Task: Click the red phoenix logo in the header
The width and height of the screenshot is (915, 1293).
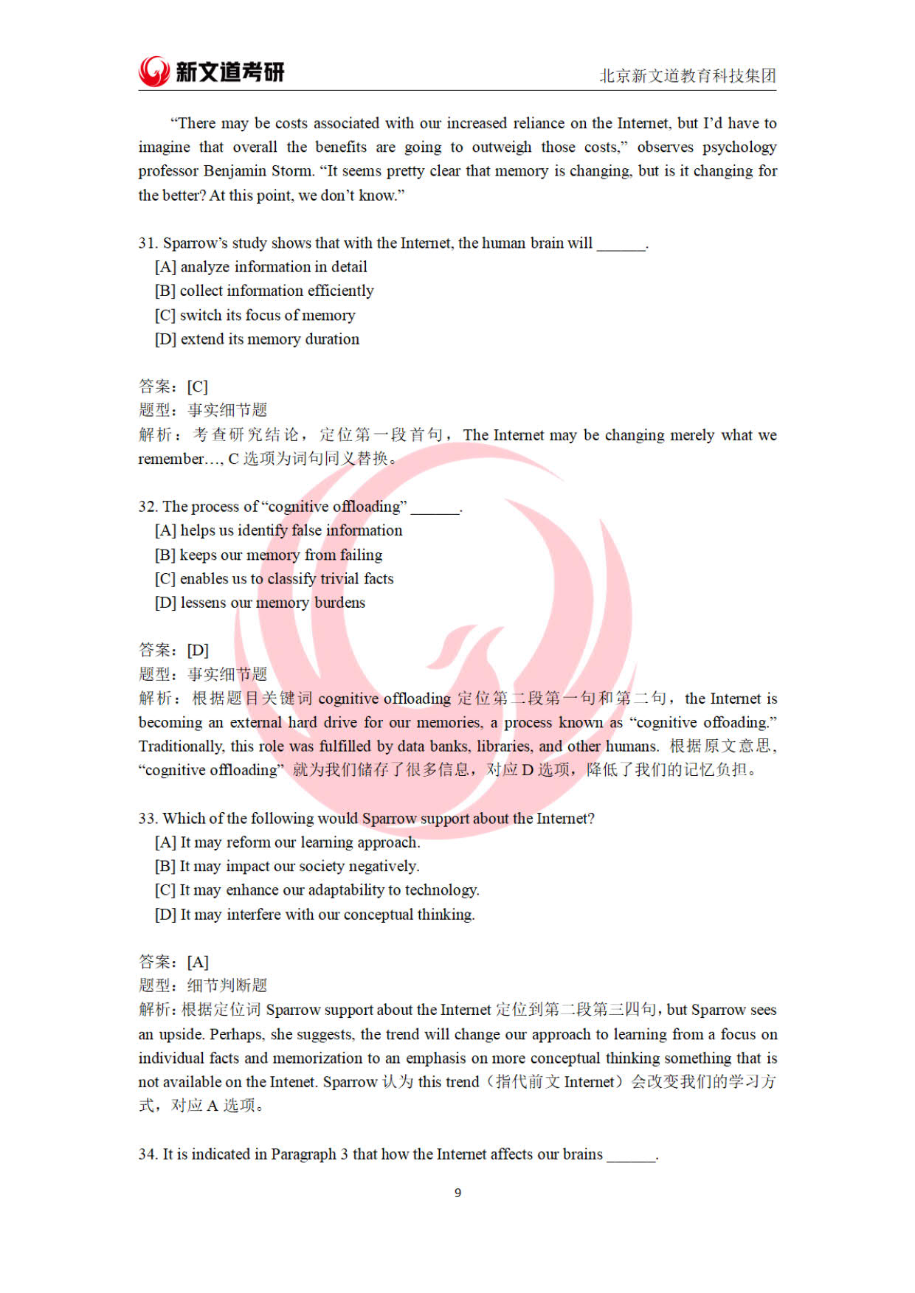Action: point(154,72)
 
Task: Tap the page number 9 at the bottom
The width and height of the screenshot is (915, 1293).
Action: point(457,1193)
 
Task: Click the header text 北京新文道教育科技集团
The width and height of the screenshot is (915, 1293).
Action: point(687,76)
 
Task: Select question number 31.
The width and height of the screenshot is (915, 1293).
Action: point(148,243)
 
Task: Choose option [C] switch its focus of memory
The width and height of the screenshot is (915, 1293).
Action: point(255,316)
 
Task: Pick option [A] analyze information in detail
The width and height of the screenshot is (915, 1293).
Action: point(260,267)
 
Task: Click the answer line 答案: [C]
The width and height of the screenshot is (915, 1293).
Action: point(173,386)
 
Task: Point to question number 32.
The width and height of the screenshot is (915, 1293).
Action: point(148,507)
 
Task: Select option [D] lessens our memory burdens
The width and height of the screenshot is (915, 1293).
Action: point(260,603)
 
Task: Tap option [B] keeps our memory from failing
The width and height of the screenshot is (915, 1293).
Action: point(268,555)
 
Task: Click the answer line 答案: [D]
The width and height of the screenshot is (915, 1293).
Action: point(173,650)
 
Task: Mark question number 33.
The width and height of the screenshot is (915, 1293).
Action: point(148,819)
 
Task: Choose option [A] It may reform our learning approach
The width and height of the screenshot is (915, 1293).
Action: point(287,842)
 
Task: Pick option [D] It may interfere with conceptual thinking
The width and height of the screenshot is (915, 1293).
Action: point(314,915)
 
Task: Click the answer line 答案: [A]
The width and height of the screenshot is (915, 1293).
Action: point(173,962)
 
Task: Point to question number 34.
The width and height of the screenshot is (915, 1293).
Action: point(148,1154)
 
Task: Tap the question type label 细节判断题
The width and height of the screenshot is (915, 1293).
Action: point(227,985)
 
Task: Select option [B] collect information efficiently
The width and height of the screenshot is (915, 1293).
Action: point(264,291)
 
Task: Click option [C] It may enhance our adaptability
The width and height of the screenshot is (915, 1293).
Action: point(317,890)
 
